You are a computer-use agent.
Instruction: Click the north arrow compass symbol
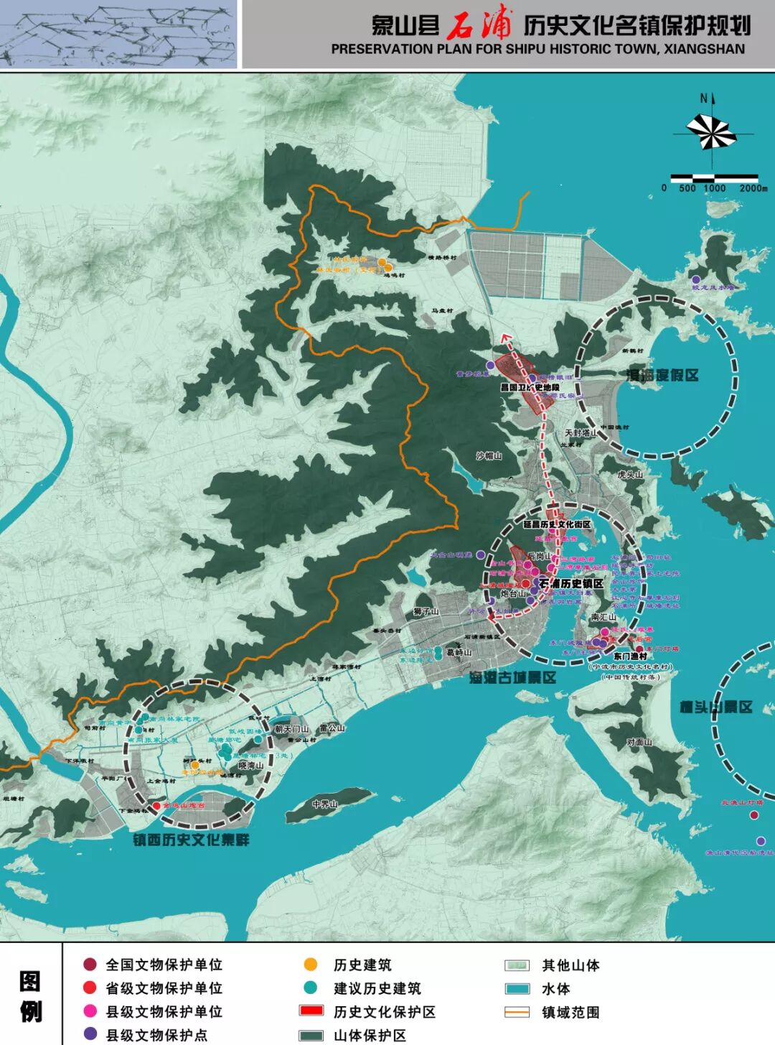click(710, 132)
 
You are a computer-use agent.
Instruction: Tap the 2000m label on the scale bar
click(753, 188)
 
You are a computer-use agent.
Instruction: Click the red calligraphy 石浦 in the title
click(479, 26)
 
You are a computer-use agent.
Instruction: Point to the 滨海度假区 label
click(662, 376)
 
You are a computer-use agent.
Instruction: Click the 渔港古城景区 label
click(513, 677)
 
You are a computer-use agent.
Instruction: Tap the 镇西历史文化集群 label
click(191, 840)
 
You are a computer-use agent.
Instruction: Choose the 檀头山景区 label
click(716, 707)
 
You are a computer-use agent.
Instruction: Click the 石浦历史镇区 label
click(571, 584)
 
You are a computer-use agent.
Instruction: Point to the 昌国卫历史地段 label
click(530, 388)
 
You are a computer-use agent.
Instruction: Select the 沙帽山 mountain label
click(489, 456)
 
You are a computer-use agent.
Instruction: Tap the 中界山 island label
click(325, 804)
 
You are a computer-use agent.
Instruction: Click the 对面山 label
click(639, 743)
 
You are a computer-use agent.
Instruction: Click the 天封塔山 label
click(581, 433)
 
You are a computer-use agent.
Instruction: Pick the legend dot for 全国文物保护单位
click(90, 965)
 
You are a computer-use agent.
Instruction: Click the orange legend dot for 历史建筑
click(310, 965)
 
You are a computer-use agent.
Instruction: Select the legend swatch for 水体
click(517, 989)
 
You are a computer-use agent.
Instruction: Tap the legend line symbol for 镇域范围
click(517, 1013)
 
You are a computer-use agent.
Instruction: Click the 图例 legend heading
click(30, 996)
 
